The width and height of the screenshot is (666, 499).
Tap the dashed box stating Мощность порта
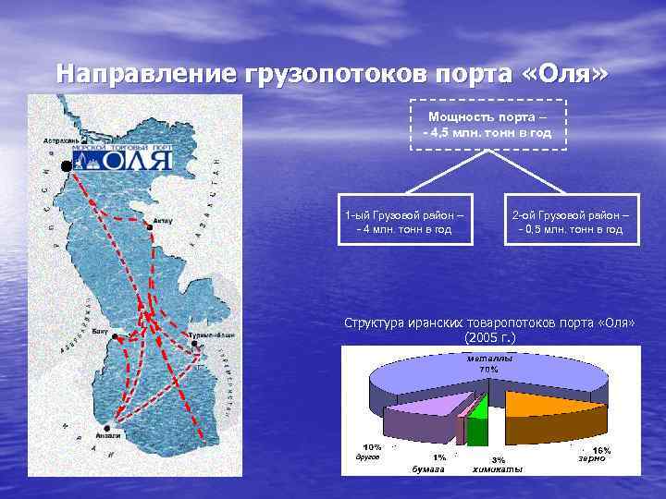point(487,125)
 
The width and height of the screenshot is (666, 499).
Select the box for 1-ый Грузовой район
point(404,223)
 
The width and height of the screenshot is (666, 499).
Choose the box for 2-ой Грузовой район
point(570,223)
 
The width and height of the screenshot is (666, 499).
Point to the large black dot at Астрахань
point(67,165)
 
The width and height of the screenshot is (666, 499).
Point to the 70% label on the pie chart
point(488,370)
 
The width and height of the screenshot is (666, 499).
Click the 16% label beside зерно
point(601,449)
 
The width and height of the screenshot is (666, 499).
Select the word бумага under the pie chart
point(428,469)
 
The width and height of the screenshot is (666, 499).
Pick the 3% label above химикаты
point(498,459)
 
